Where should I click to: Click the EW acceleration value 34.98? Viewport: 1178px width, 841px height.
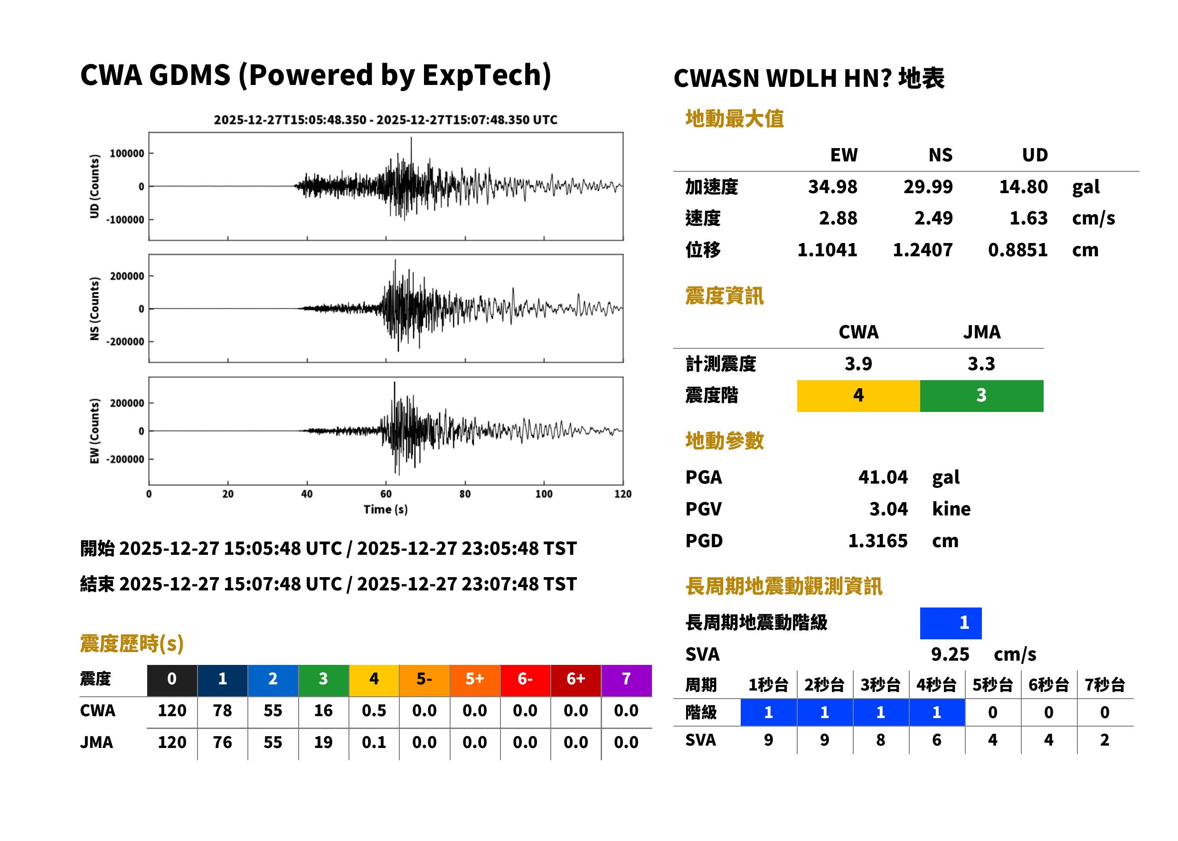(832, 187)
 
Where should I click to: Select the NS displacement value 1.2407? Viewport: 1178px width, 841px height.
(922, 250)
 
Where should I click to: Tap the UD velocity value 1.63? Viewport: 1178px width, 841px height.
(1028, 218)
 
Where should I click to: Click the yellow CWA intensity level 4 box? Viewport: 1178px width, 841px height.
(858, 396)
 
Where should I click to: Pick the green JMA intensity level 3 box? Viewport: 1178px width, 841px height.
(982, 396)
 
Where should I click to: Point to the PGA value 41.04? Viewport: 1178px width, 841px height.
(883, 477)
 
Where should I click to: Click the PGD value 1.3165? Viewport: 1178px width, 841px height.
(877, 541)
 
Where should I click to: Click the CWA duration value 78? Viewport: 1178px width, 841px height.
(222, 710)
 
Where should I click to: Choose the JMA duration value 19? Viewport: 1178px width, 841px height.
(323, 742)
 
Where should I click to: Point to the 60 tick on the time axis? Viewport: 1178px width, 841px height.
(386, 494)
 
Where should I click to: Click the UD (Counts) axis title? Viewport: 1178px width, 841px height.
(94, 186)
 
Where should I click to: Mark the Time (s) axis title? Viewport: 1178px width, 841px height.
(386, 510)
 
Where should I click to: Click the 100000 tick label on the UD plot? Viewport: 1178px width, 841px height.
(127, 153)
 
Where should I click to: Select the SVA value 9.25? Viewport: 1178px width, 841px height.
(950, 654)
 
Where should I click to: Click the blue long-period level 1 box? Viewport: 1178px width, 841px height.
(951, 623)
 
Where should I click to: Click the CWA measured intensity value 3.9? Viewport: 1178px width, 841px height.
(858, 364)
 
